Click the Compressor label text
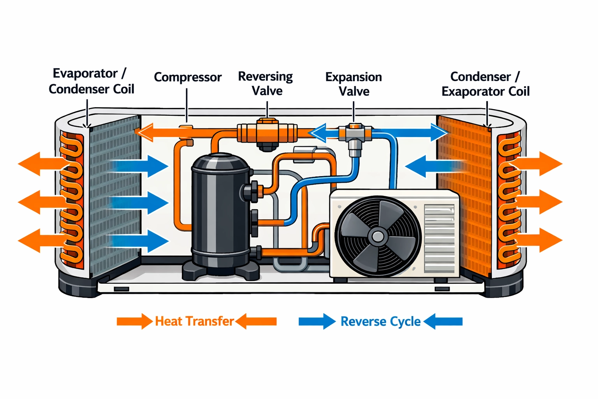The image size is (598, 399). [x=188, y=77]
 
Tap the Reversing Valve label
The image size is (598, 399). [x=266, y=83]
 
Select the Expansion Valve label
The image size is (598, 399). [x=354, y=84]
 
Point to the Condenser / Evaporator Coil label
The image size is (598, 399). [x=485, y=84]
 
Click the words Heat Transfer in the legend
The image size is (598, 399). [x=194, y=321]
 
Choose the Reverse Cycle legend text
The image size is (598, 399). [x=380, y=321]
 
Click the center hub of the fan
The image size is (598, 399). [x=377, y=236]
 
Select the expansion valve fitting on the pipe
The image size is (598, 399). [x=354, y=135]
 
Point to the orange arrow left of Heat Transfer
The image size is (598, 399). [x=134, y=321]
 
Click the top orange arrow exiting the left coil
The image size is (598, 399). [x=41, y=164]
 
